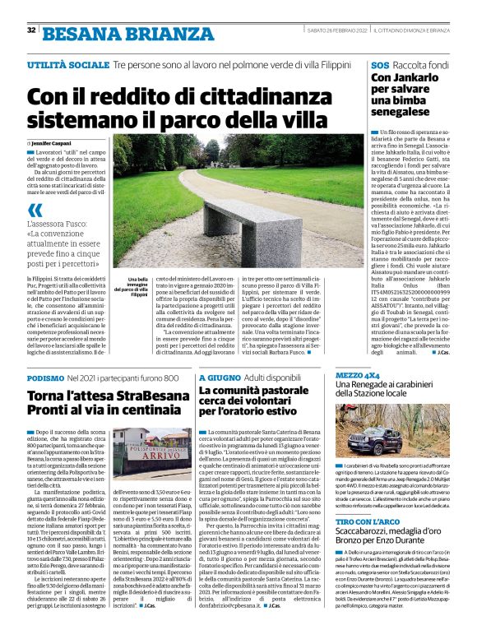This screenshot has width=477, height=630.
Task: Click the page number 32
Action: pos(31,30)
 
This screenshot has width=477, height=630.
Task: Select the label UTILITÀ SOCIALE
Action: pos(67,64)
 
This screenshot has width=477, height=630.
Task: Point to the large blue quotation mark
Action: pos(34,211)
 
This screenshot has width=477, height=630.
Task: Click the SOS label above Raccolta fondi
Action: pos(379,64)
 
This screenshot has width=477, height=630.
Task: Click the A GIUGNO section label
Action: pos(219,378)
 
